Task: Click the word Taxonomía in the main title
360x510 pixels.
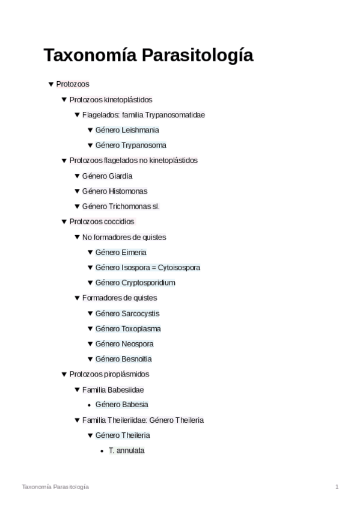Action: [x=90, y=55]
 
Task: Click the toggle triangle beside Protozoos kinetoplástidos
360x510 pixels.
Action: [x=64, y=99]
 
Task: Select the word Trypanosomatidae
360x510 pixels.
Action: [x=179, y=114]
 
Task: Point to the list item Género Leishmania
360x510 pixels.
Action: [x=127, y=130]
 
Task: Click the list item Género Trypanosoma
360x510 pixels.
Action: [x=130, y=145]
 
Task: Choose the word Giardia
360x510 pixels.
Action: [x=120, y=176]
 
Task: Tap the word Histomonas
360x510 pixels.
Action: [x=127, y=191]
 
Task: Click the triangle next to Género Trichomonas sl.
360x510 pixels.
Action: [x=77, y=206]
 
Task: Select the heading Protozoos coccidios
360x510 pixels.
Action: [x=102, y=221]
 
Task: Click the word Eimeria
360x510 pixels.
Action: [x=133, y=253]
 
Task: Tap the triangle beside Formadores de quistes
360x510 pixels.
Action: [x=77, y=298]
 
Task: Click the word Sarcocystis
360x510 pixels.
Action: [x=140, y=313]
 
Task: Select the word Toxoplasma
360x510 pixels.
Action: [x=141, y=329]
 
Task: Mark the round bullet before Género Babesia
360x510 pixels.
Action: [x=90, y=405]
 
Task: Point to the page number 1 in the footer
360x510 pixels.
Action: [x=337, y=487]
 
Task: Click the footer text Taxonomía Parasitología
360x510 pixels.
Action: [x=55, y=487]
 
